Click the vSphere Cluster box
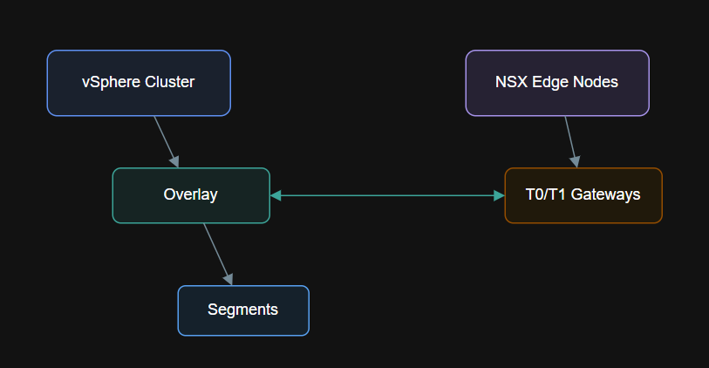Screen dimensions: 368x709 pyautogui.click(x=139, y=83)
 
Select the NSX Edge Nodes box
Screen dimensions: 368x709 pyautogui.click(x=557, y=83)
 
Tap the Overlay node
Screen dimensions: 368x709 pyautogui.click(x=191, y=195)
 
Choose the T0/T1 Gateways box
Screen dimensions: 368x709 pyautogui.click(x=583, y=195)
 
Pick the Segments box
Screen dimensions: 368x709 pyautogui.click(x=243, y=310)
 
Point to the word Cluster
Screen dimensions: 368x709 pyautogui.click(x=169, y=83)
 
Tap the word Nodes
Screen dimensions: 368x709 pyautogui.click(x=597, y=83)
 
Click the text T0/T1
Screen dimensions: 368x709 pyautogui.click(x=546, y=195)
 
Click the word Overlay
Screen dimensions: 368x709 pyautogui.click(x=191, y=195)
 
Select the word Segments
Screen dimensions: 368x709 pyautogui.click(x=243, y=310)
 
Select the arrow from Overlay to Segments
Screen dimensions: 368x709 pyautogui.click(x=217, y=252)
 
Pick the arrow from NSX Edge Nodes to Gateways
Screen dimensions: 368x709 pyautogui.click(x=570, y=140)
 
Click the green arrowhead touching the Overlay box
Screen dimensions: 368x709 pyautogui.click(x=276, y=195)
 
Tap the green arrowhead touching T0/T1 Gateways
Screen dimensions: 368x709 pyautogui.click(x=499, y=195)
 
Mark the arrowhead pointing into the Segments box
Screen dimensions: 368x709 pyautogui.click(x=229, y=279)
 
